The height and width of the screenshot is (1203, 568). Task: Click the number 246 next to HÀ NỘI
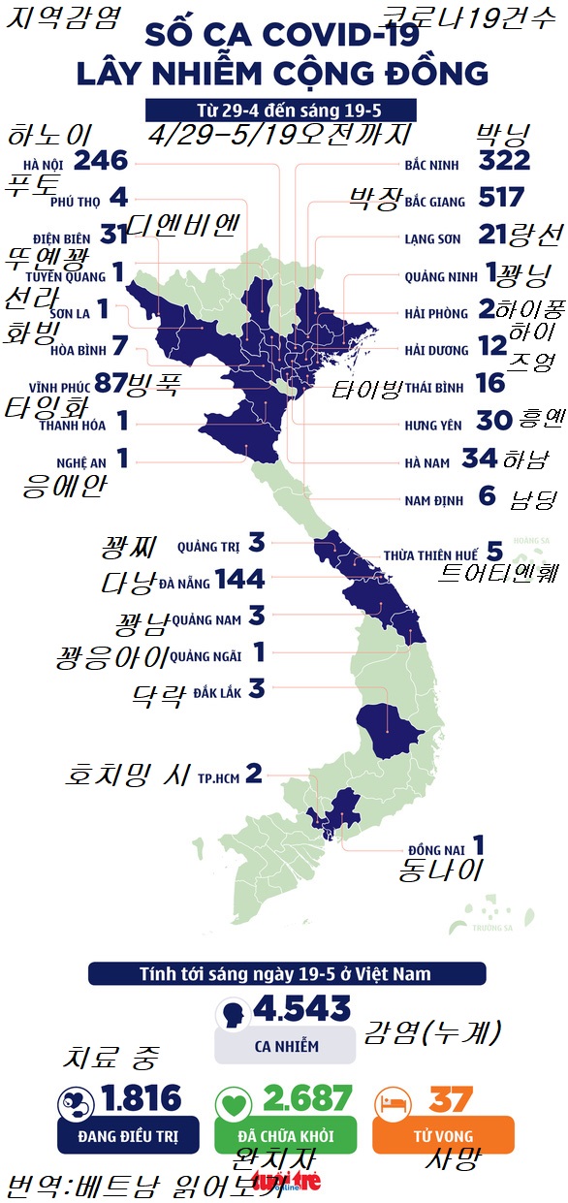click(100, 160)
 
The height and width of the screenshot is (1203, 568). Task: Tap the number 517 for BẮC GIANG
click(501, 199)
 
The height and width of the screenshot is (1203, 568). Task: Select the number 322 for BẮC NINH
click(504, 160)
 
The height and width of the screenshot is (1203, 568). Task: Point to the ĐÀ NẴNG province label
click(185, 583)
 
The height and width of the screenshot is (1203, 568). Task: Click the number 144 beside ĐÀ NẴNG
click(239, 580)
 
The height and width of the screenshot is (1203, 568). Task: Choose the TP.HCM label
click(217, 777)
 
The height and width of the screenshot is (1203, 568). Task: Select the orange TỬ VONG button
click(443, 1135)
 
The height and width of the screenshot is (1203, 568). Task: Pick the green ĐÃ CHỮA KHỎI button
click(285, 1135)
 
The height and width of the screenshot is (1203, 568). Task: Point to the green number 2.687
click(306, 1098)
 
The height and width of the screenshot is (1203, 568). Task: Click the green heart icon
click(233, 1100)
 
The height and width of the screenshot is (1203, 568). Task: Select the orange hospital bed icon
click(392, 1100)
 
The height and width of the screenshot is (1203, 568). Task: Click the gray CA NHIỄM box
click(286, 1046)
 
